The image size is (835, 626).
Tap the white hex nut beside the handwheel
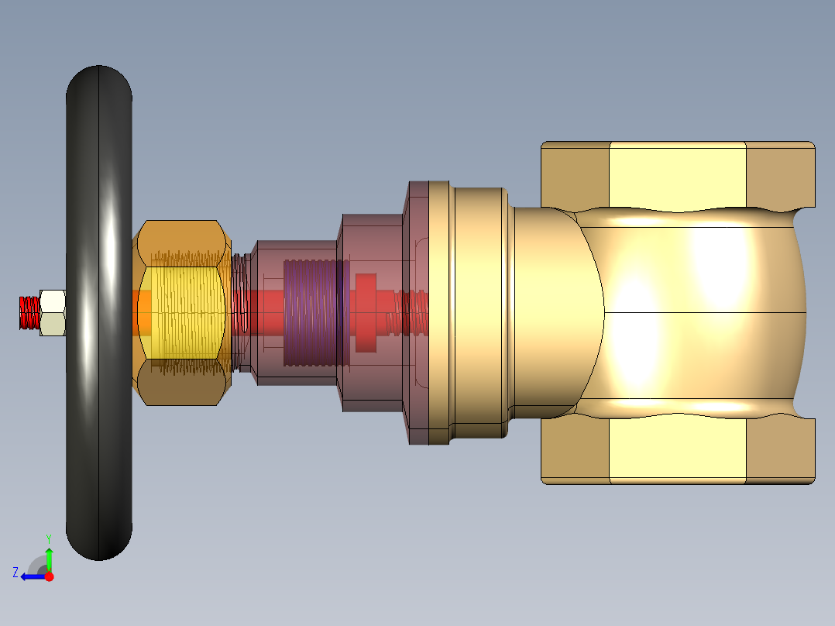point(53,313)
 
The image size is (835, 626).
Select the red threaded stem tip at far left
point(29,313)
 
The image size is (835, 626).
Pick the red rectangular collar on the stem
point(366,313)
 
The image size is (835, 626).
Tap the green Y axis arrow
point(49,559)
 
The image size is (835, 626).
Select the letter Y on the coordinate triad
point(49,538)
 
